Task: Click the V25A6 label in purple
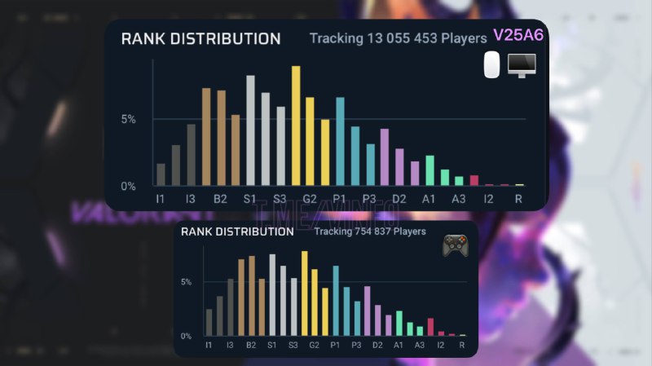click(518, 36)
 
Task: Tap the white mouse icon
click(491, 65)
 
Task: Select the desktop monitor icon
click(521, 65)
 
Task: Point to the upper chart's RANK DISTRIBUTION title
click(200, 38)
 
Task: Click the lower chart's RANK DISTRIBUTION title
click(237, 232)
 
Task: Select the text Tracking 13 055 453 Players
click(398, 38)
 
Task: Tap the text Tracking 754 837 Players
click(370, 232)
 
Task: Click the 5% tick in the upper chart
click(129, 119)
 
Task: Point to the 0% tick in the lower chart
click(186, 335)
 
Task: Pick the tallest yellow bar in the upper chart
click(296, 126)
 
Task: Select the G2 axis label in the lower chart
click(313, 346)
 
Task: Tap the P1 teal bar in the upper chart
click(340, 142)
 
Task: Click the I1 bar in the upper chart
click(161, 174)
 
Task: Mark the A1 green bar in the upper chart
click(430, 170)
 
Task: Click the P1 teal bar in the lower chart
click(335, 301)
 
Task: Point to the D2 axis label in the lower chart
click(377, 346)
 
